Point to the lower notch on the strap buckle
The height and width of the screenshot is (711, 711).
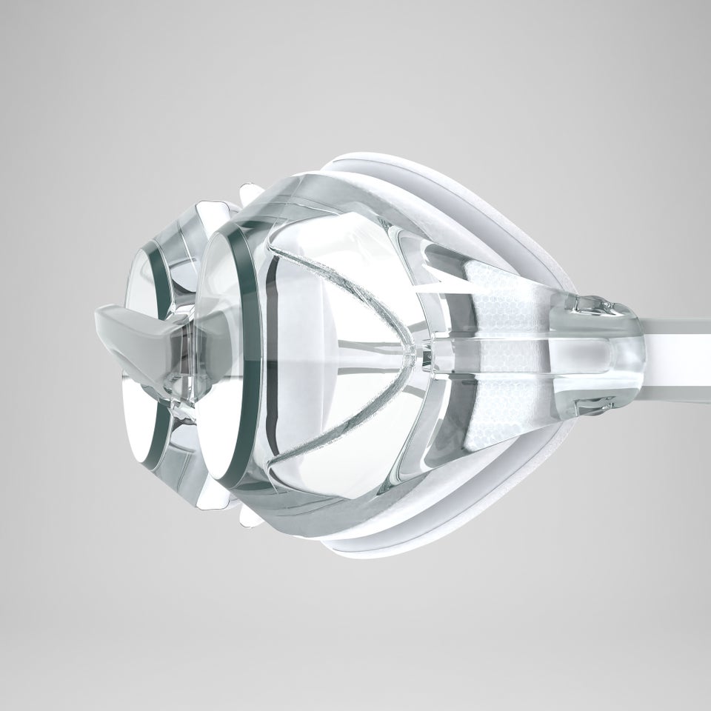pyautogui.click(x=592, y=404)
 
